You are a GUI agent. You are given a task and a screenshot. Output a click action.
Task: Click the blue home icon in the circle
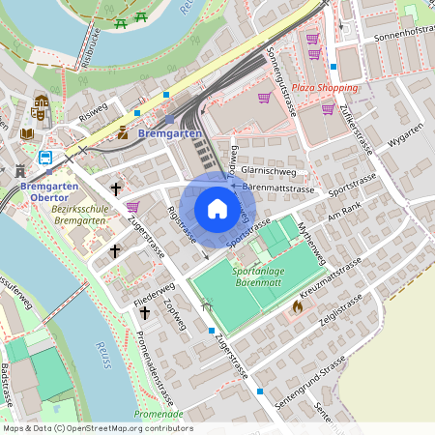pyautogui.click(x=217, y=208)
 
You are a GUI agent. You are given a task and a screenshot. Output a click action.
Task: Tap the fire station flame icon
pyautogui.click(x=297, y=306)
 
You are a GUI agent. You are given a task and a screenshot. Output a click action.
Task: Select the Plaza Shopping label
pyautogui.click(x=324, y=88)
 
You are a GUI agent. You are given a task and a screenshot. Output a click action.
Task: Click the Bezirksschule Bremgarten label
pyautogui.click(x=77, y=215)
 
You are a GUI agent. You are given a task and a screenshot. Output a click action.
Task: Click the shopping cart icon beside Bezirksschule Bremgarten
pyautogui.click(x=132, y=205)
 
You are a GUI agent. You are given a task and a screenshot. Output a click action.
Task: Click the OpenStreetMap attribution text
pyautogui.click(x=97, y=428)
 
